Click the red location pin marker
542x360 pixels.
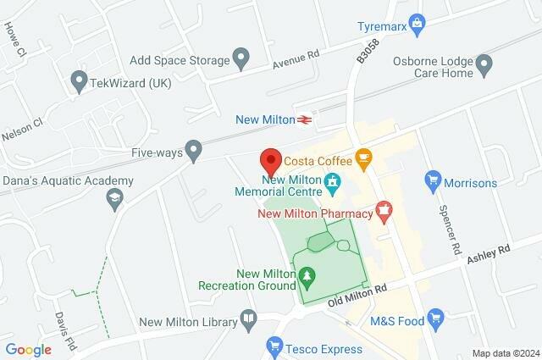[x=270, y=159]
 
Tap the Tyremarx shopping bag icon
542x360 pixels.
[x=416, y=21]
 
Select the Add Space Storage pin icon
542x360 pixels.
[x=241, y=59]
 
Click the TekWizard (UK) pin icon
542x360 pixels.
[x=80, y=82]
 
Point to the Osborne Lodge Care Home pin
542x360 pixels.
[x=484, y=63]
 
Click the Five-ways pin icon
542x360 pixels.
[x=195, y=152]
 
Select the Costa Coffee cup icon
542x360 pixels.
[x=364, y=158]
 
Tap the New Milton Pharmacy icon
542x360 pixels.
[x=384, y=208]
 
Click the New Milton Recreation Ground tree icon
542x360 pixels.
[x=306, y=274]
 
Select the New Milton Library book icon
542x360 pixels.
[x=248, y=319]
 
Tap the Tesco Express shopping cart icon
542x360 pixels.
[x=274, y=345]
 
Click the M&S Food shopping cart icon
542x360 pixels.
[x=436, y=318]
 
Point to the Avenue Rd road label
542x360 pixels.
[x=296, y=58]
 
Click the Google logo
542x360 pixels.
[x=29, y=349]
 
